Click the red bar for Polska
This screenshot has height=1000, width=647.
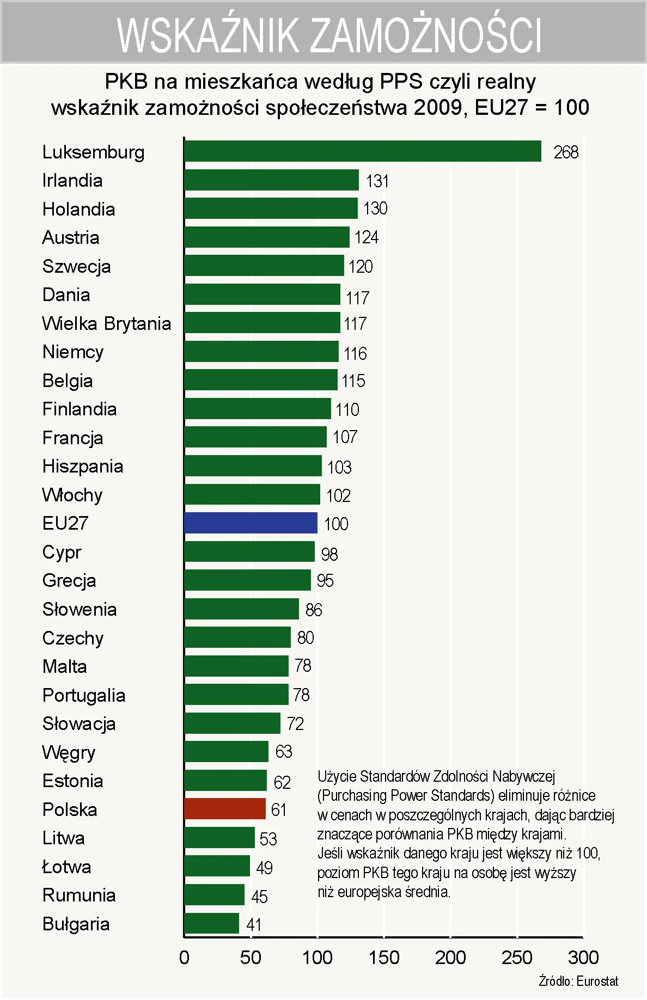coord(225,809)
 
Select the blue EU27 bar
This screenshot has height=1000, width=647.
coord(251,523)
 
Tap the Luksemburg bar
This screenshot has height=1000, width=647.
coord(363,151)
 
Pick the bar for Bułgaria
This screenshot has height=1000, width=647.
coord(211,923)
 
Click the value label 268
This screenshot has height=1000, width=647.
coord(566,152)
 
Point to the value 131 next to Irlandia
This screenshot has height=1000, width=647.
coord(377,181)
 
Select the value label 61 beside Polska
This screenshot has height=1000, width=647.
coord(279,810)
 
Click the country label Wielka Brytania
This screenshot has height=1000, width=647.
coord(107,323)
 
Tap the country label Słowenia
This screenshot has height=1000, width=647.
coord(80,609)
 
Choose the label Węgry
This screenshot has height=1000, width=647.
coord(69,752)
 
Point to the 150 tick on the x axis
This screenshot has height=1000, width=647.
coord(384,958)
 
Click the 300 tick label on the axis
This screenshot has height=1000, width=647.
coord(583,958)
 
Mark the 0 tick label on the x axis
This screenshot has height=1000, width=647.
coord(184,958)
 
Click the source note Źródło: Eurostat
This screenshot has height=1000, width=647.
coord(578,981)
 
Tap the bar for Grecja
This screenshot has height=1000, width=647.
coord(247,580)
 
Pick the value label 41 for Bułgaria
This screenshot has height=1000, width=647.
coord(254,924)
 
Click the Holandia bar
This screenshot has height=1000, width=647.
coord(271,208)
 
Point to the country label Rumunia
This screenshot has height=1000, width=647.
coord(79,895)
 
